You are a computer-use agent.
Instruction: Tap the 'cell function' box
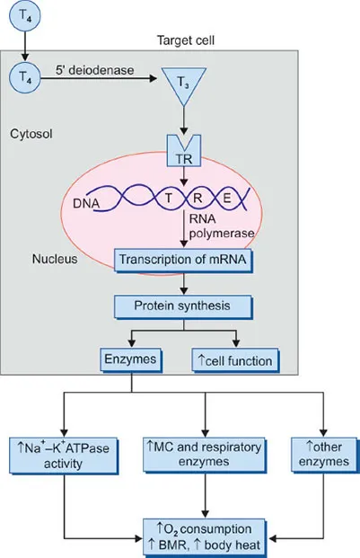235,360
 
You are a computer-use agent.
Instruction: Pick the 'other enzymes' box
315,450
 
